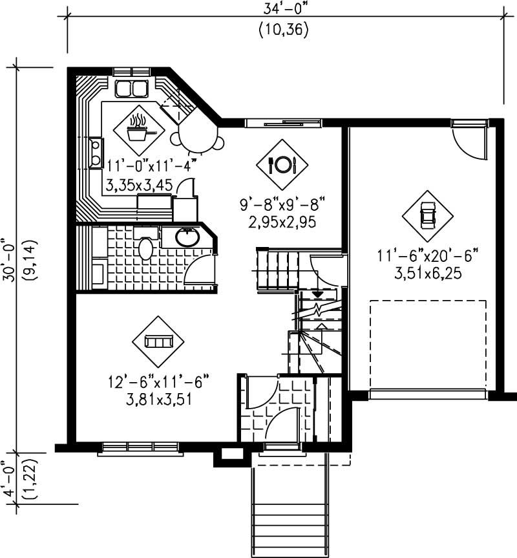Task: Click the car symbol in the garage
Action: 427,214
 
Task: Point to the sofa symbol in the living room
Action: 158,341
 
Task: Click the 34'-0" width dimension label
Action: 284,9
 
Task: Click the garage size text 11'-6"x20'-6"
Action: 427,255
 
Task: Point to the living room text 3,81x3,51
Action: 158,399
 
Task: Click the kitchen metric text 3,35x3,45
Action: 140,186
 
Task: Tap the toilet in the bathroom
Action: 147,248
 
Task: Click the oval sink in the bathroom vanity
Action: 187,238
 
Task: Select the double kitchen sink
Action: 133,88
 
